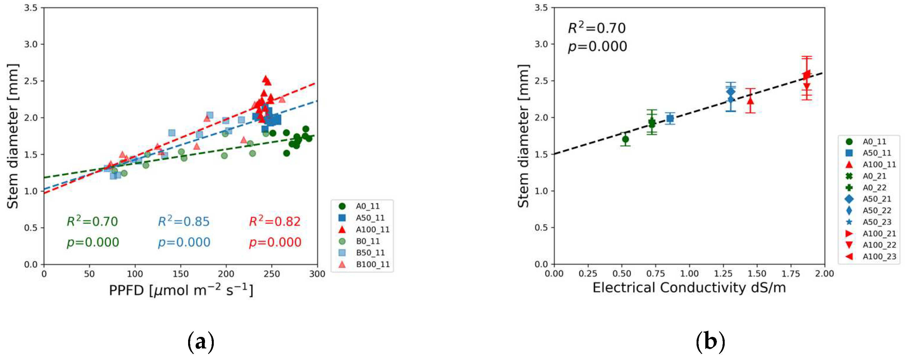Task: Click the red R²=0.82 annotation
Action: (275, 221)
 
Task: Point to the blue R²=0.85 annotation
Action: (183, 221)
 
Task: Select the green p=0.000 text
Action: (93, 242)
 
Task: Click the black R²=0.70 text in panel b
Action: (597, 28)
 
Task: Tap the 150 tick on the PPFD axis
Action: (181, 274)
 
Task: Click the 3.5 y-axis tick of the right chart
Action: (541, 8)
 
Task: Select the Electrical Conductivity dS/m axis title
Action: (689, 287)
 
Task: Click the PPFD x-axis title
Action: (181, 290)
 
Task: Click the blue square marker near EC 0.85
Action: (670, 118)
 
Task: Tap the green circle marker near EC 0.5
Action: (625, 139)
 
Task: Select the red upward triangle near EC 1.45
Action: (750, 101)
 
